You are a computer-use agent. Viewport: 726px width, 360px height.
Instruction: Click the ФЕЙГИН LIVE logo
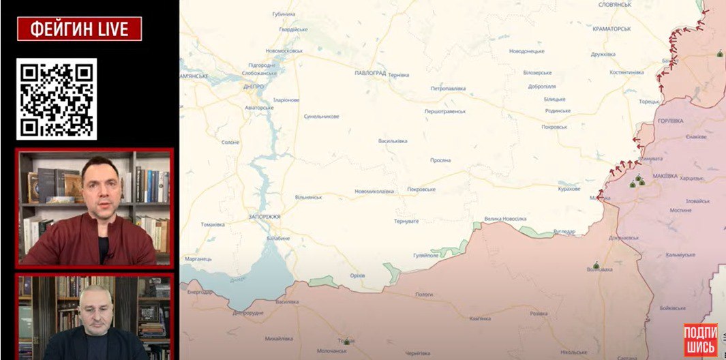point(79,29)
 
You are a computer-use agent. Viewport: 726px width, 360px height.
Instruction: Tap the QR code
point(57,100)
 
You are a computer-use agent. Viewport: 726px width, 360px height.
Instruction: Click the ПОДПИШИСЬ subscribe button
point(700,340)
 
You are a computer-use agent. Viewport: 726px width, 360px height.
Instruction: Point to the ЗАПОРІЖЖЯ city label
point(264,216)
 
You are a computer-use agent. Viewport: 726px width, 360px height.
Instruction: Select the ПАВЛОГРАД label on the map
point(370,72)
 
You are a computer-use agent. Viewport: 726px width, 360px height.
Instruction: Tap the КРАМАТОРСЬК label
point(611,29)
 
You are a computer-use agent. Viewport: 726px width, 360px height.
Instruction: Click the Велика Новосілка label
point(505,219)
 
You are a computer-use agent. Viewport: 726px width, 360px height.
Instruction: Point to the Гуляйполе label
point(426,256)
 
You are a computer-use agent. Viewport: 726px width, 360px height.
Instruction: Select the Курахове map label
point(569,189)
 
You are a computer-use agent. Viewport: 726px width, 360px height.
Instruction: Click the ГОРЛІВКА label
point(671,121)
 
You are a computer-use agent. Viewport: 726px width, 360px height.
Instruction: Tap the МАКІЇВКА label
point(665,175)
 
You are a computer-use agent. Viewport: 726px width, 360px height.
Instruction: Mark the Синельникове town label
point(322,116)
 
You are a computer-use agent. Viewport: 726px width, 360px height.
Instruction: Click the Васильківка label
point(393,141)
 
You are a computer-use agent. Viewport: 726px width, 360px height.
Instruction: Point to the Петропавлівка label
point(448,89)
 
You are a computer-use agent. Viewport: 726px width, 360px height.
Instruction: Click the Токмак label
point(346,340)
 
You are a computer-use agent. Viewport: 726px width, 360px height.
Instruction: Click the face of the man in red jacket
point(100,182)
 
